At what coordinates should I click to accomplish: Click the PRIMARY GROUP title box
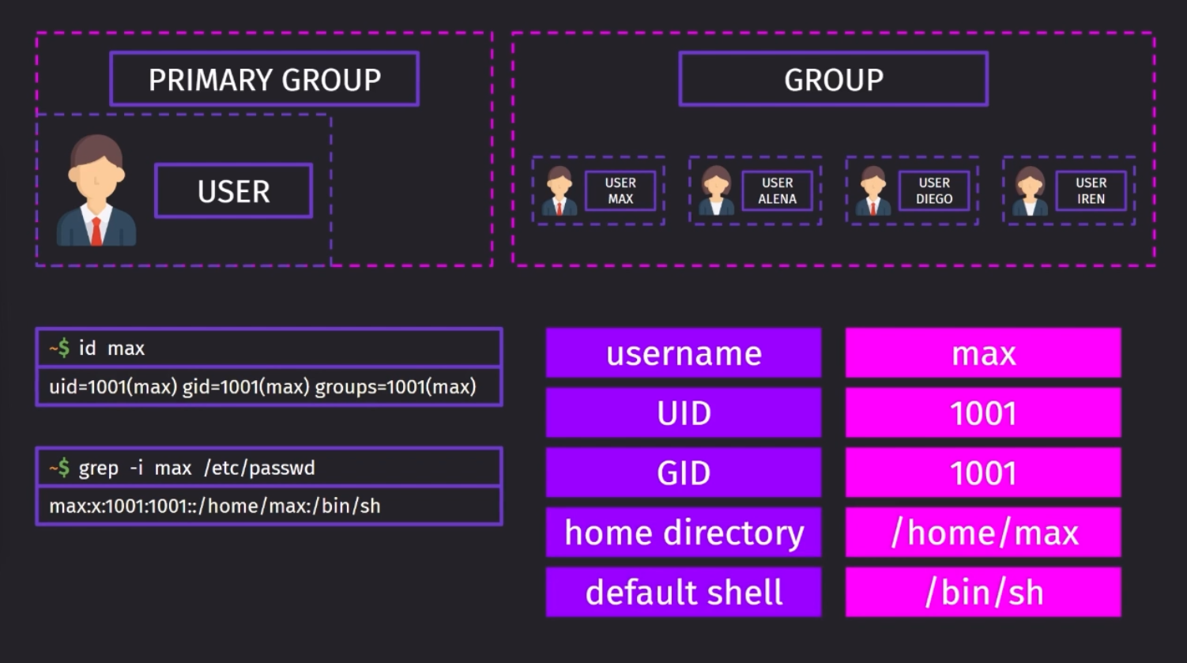pos(265,79)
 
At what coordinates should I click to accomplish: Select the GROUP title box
pos(834,79)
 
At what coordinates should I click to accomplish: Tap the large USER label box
pos(234,190)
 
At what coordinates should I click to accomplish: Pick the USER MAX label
pos(620,190)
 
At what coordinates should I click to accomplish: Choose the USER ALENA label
pos(778,190)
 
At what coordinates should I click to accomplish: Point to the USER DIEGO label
pos(934,190)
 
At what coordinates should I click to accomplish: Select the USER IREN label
pos(1091,190)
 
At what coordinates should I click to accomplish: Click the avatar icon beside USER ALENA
pos(716,190)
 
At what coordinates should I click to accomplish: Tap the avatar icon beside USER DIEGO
pos(872,190)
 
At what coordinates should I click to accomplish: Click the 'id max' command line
pos(269,348)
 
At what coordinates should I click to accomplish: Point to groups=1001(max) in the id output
pos(395,387)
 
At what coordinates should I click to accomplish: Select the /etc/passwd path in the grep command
pos(259,468)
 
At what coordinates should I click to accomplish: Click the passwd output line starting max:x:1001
pos(215,506)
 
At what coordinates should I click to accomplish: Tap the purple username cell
pos(684,353)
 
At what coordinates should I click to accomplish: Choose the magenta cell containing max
pos(983,353)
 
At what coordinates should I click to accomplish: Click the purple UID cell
pos(684,412)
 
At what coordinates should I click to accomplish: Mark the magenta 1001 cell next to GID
pos(983,473)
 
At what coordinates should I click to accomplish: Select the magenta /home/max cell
pos(983,533)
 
